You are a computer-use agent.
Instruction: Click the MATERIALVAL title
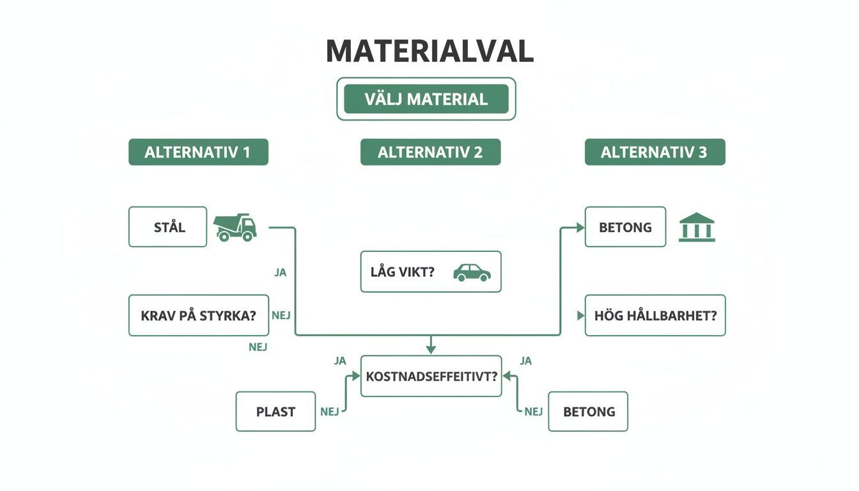429,52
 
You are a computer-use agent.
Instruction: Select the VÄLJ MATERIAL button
426,99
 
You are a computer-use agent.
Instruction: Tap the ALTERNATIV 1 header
198,152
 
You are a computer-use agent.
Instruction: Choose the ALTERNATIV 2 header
430,152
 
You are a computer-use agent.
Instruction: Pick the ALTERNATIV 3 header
654,152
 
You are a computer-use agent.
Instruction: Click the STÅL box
168,227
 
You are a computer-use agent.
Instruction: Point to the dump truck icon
235,228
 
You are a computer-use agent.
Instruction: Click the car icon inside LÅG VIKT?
472,272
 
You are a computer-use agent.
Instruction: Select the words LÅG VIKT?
402,272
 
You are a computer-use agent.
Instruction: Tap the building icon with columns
697,228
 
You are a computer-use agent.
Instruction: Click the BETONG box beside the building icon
625,227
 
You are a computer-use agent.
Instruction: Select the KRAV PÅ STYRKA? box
198,315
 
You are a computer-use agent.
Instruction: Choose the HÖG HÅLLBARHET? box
655,315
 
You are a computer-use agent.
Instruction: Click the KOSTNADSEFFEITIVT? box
431,376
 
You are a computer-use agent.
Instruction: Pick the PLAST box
275,412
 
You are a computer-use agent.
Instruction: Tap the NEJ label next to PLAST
329,412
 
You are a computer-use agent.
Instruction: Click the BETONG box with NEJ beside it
588,412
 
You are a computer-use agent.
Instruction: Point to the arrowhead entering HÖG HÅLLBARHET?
580,316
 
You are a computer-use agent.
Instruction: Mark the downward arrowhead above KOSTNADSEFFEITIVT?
431,349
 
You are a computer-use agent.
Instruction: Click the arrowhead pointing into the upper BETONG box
580,228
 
